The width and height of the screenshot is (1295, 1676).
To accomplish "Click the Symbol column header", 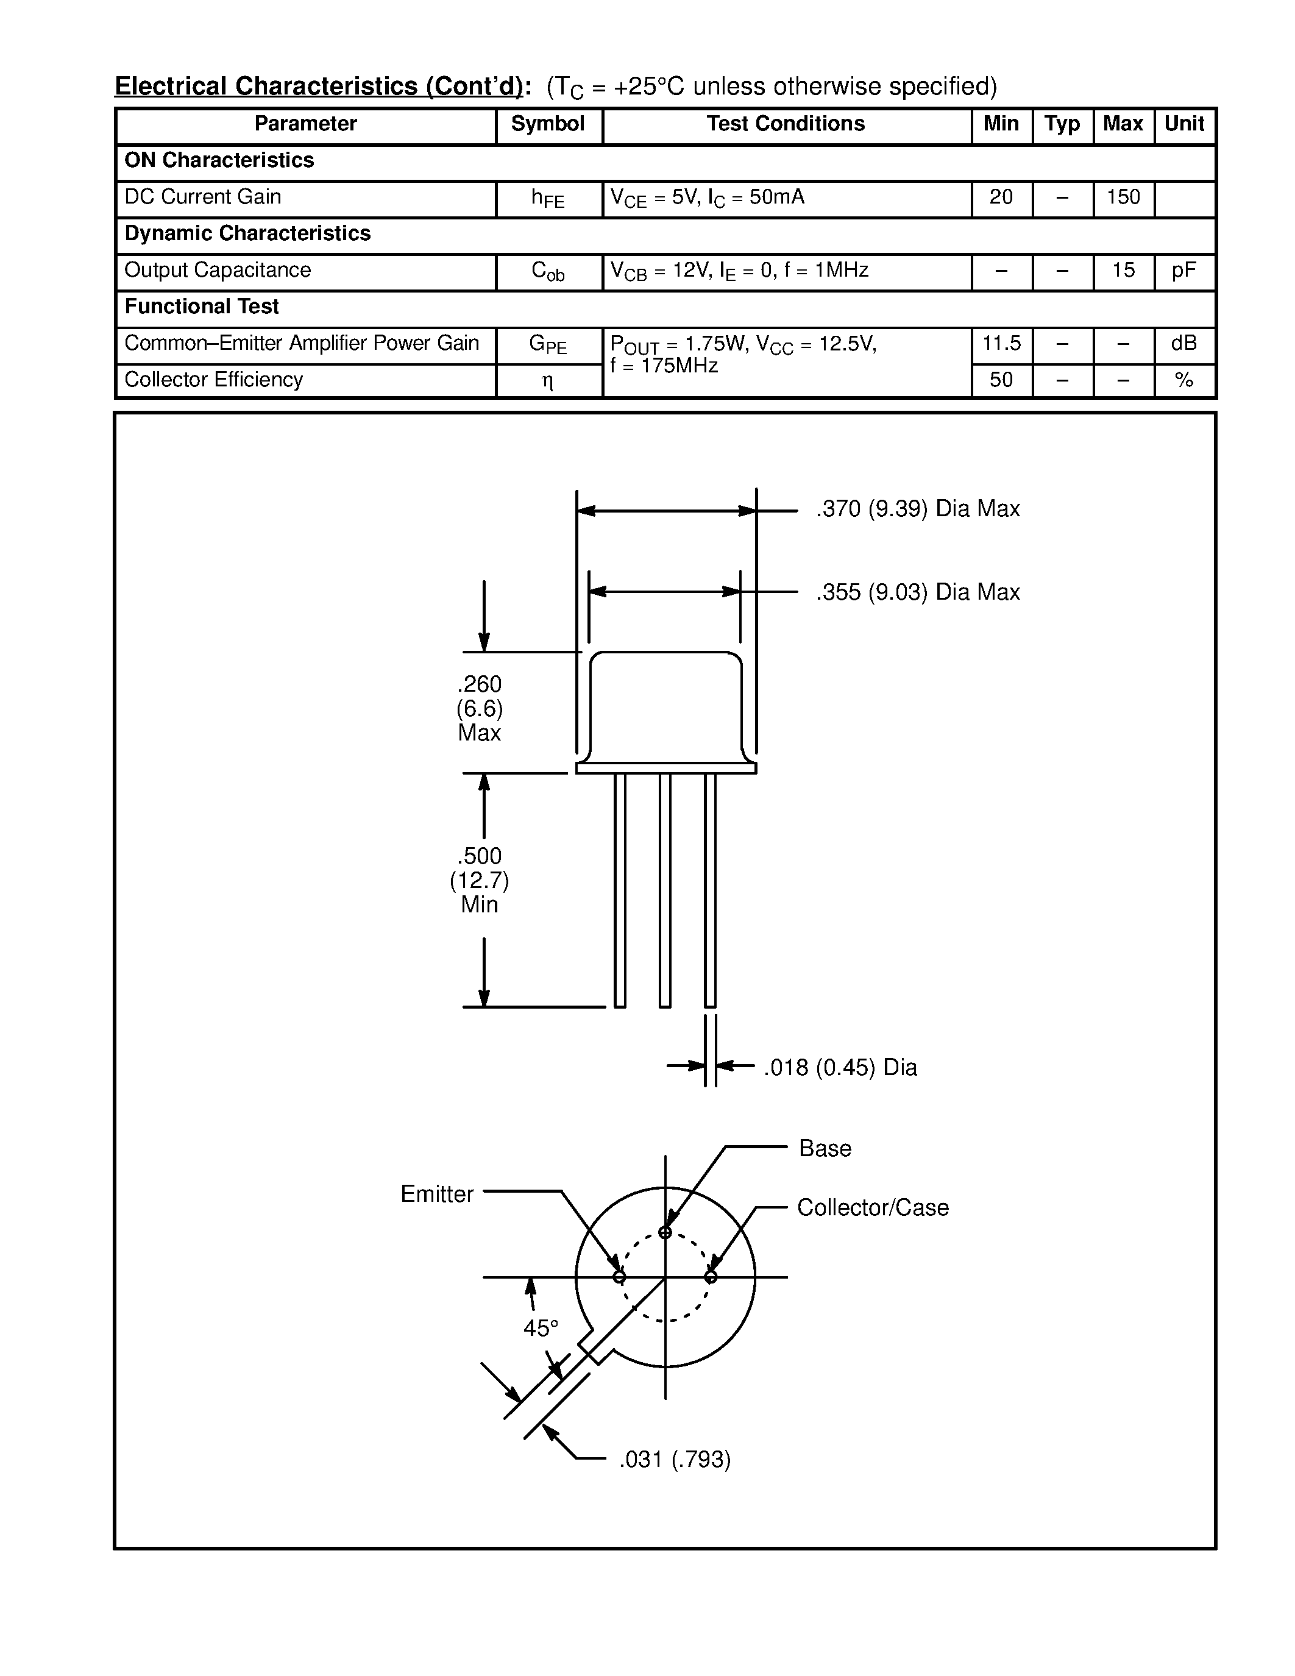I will (x=547, y=124).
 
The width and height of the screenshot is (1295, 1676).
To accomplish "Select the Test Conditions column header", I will (x=785, y=124).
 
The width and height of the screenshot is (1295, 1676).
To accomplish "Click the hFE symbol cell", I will (x=547, y=199).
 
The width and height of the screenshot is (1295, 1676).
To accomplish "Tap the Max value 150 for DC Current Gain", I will (x=1123, y=197).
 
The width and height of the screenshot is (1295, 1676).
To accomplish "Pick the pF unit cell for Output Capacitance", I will (x=1183, y=270).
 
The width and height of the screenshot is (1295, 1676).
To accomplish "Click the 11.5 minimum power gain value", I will (x=1001, y=343).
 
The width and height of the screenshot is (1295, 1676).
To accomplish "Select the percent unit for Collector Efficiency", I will (x=1183, y=380).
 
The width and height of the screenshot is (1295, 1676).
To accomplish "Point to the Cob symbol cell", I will (x=547, y=272).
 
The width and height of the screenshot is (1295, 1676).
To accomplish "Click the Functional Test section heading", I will (x=202, y=307).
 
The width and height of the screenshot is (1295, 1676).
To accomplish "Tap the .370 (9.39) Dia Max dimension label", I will (x=918, y=509).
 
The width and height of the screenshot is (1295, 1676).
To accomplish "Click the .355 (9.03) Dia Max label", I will (x=918, y=592).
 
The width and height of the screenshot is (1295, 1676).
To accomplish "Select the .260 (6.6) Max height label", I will (x=480, y=708).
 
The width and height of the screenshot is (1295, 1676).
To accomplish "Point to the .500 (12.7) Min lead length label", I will (x=480, y=879).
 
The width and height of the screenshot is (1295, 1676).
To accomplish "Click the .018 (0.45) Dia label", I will (x=840, y=1067).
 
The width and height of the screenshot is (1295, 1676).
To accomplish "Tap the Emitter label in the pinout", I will (x=436, y=1194).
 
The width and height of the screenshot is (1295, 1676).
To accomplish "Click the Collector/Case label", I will (x=872, y=1208).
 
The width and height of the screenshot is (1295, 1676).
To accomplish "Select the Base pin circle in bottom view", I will (x=665, y=1233).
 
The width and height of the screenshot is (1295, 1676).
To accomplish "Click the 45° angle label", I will (x=540, y=1329).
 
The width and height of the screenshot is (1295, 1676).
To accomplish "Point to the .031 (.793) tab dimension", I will (x=675, y=1459).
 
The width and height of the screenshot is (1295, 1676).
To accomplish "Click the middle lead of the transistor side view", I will (x=665, y=890).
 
